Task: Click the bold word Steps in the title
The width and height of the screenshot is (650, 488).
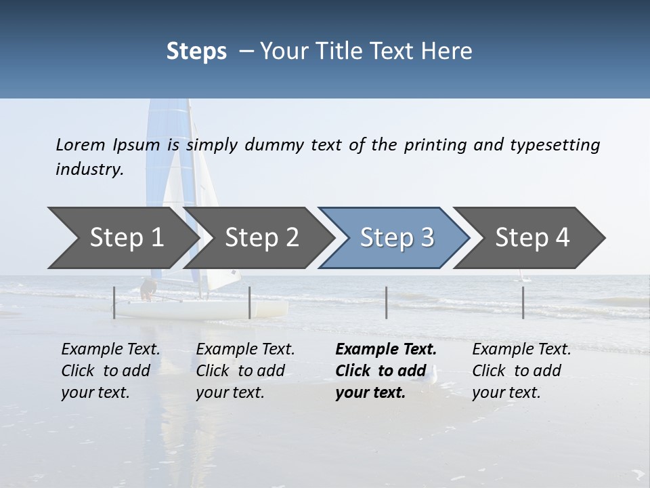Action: click(196, 52)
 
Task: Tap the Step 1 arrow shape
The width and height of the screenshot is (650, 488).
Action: click(122, 237)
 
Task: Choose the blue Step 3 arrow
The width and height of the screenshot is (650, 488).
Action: click(396, 237)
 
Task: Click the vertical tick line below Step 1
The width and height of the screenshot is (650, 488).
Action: click(114, 302)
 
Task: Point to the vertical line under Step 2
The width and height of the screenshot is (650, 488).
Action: click(250, 302)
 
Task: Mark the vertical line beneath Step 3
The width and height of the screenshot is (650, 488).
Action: click(387, 302)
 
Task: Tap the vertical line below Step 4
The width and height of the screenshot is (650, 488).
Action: click(523, 302)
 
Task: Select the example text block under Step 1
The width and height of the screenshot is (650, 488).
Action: click(110, 370)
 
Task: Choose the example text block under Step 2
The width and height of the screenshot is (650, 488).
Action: click(245, 370)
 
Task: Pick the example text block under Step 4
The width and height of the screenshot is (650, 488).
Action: click(521, 370)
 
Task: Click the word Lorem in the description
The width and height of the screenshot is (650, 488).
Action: click(81, 144)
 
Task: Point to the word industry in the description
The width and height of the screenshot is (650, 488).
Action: click(89, 169)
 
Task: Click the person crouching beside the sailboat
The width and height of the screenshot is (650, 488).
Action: click(148, 290)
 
